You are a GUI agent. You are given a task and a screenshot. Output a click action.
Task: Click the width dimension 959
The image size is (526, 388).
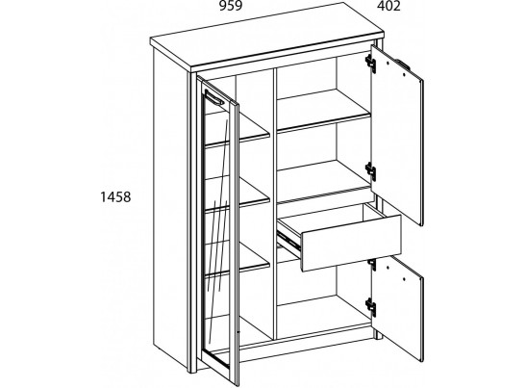[231, 6]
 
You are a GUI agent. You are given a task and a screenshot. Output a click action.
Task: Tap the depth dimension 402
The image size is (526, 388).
[388, 6]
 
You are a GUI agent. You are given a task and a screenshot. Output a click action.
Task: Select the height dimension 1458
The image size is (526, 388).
[115, 196]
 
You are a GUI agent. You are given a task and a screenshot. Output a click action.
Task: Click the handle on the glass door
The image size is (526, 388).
[214, 97]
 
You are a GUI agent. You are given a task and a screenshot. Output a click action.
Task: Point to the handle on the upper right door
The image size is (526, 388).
[403, 65]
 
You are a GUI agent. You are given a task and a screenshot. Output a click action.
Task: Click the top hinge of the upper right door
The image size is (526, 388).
[370, 63]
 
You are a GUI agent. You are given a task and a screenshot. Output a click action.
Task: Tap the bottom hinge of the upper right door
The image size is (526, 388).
[370, 170]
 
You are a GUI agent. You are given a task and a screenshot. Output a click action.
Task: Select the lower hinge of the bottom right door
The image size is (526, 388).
[370, 306]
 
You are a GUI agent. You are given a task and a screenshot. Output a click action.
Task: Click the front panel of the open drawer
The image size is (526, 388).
[351, 243]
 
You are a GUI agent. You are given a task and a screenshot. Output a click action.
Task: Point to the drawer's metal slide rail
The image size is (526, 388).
[288, 239]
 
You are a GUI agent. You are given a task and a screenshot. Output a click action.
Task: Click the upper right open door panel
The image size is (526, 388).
[396, 136]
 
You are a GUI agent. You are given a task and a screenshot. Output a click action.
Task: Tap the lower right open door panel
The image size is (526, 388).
[397, 307]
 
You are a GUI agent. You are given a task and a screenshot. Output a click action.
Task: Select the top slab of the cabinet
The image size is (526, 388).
[267, 37]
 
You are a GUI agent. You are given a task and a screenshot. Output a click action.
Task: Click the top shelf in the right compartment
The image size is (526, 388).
[324, 110]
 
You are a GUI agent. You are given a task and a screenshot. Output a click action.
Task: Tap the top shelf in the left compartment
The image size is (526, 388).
[238, 129]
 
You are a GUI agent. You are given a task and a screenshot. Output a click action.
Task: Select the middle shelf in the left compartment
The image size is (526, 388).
[238, 194]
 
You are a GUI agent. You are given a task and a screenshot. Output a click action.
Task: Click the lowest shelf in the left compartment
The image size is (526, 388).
[238, 259]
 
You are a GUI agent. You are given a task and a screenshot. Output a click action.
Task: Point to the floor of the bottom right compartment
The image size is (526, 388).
[324, 316]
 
